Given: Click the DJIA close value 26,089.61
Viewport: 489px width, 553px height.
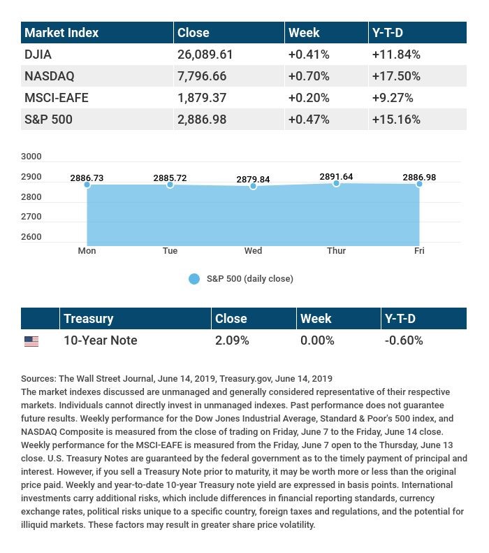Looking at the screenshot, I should (x=205, y=54).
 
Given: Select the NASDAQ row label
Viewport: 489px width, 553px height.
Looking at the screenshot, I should (x=49, y=76).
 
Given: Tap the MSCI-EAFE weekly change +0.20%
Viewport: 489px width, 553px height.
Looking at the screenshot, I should (x=308, y=97).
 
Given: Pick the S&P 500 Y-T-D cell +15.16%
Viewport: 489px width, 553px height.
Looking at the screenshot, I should (x=396, y=120).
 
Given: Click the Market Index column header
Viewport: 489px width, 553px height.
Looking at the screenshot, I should (x=61, y=33).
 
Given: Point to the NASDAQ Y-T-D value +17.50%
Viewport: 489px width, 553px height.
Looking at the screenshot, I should (x=396, y=76).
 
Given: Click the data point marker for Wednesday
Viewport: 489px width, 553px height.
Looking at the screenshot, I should (x=253, y=186).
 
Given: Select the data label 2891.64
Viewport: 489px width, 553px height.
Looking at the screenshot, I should (x=336, y=177).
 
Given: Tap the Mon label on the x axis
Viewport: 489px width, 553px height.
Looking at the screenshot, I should (x=87, y=250).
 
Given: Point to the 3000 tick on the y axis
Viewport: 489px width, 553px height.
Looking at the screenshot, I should (x=31, y=157).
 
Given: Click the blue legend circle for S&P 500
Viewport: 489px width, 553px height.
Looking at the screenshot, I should (x=194, y=279).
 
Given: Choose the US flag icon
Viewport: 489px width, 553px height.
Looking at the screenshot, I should (x=31, y=341).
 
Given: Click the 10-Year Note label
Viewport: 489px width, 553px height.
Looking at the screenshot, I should (x=100, y=340).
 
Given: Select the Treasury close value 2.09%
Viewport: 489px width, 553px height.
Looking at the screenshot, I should (x=233, y=340).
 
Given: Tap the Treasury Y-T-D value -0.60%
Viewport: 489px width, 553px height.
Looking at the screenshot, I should (x=404, y=340).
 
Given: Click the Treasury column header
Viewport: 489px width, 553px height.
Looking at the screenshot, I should (x=88, y=319).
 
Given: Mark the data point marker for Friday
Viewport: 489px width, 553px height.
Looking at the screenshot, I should (x=419, y=183).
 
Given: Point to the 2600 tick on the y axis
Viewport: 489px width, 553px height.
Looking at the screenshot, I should (x=31, y=237).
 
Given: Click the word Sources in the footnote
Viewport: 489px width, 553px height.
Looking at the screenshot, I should (x=38, y=379).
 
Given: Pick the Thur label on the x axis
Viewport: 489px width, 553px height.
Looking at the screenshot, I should (x=336, y=250).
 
